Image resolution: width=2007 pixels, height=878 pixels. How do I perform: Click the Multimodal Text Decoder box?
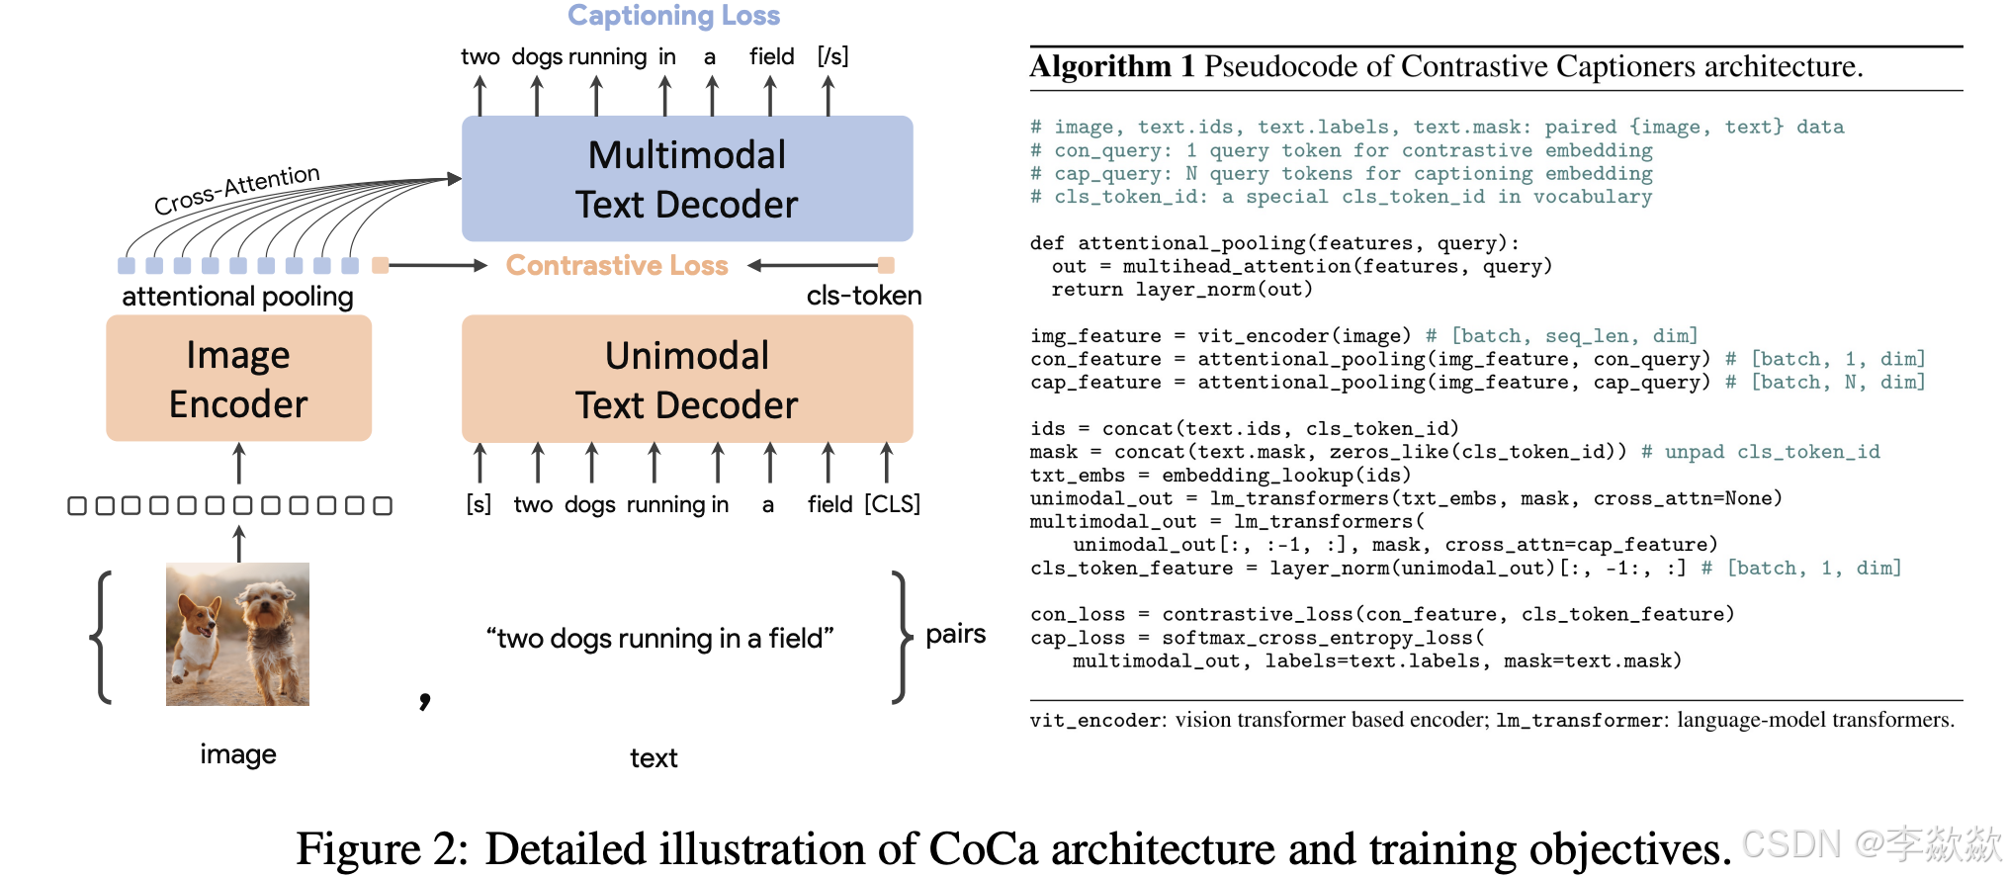pos(687,179)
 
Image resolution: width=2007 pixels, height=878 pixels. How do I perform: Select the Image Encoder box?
pos(238,379)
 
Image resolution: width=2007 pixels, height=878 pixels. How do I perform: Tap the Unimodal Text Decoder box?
pos(687,380)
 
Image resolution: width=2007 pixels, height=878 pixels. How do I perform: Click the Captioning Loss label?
pos(673,16)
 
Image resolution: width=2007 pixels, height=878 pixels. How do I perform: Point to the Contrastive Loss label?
pos(617,265)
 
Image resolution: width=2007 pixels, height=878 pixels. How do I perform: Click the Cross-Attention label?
pos(237,189)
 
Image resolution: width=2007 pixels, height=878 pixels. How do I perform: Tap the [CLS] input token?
pos(892,504)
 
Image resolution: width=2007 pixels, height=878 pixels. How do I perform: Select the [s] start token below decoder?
pos(479,504)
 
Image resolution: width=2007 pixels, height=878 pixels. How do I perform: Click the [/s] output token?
pos(832,56)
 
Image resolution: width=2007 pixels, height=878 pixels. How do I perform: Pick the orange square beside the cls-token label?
pos(886,265)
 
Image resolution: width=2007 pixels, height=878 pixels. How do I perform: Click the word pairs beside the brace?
pos(955,634)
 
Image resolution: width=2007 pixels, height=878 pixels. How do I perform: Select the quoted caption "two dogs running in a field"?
pos(659,639)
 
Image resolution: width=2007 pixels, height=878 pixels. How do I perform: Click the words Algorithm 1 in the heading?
pos(1112,66)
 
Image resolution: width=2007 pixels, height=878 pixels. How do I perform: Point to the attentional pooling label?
pos(237,297)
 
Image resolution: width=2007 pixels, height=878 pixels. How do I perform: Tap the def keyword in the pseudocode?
pos(1047,243)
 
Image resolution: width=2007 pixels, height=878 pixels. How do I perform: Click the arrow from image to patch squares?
pos(238,543)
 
